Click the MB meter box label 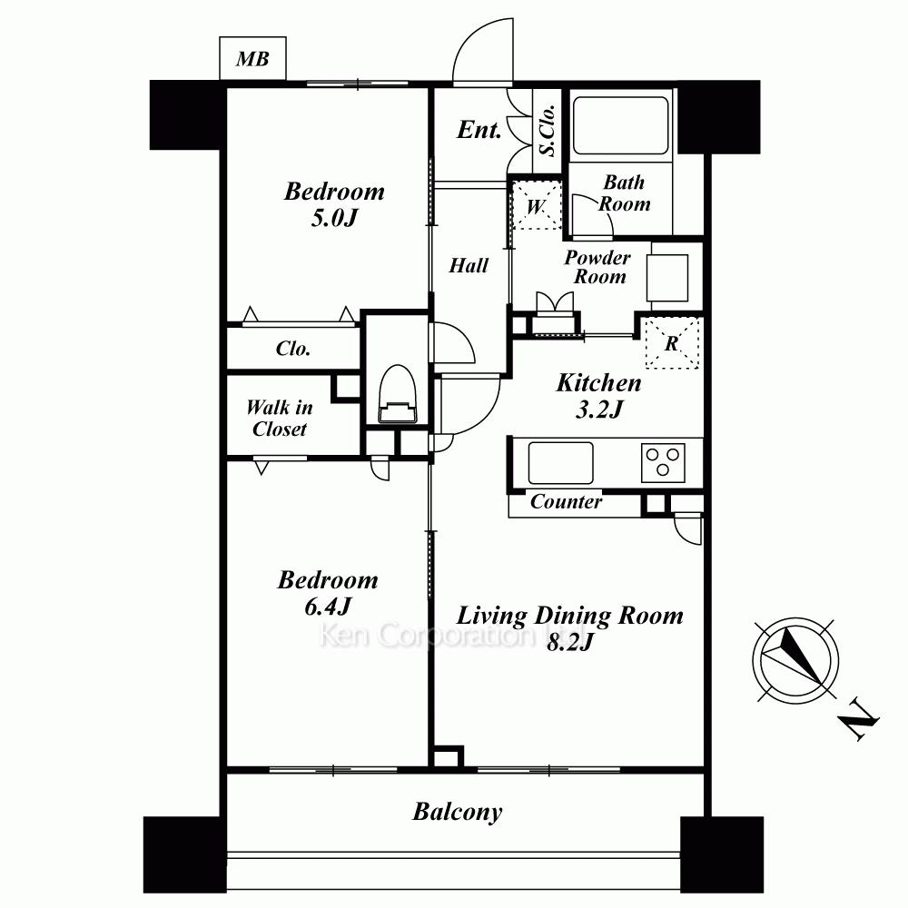tap(252, 58)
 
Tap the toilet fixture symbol tap(398, 394)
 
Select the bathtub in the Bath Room tap(620, 125)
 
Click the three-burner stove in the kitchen tap(663, 462)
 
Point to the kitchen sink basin tap(560, 463)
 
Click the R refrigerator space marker tap(672, 343)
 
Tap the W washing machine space tap(536, 205)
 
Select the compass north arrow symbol tap(795, 660)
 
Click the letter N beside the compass tap(859, 720)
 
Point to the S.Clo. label tap(548, 131)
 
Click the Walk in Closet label tap(279, 418)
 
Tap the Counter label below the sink tap(566, 501)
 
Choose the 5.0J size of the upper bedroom tap(335, 218)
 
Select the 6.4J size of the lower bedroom tap(328, 607)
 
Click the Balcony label tap(458, 812)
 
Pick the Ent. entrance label tap(479, 129)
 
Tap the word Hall tap(469, 265)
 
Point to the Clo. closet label tap(293, 348)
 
